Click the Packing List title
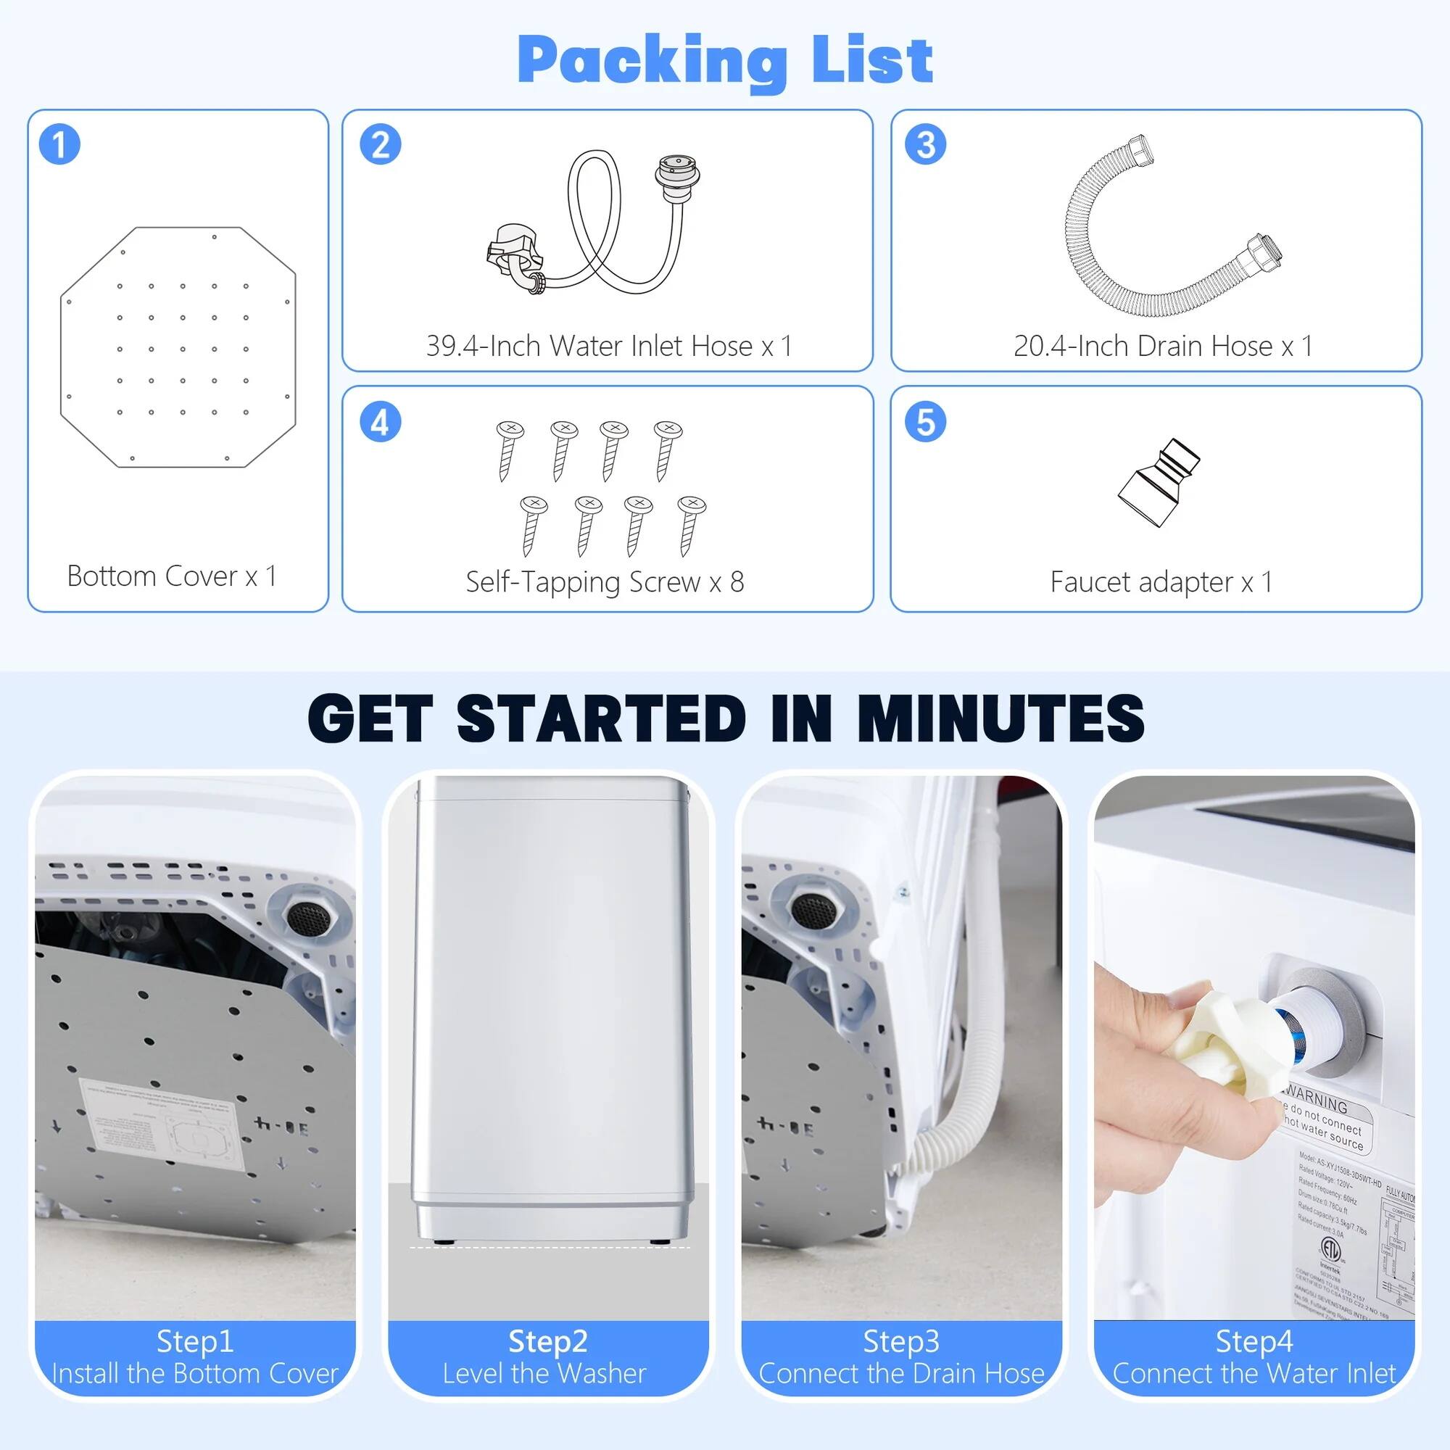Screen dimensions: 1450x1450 tap(725, 60)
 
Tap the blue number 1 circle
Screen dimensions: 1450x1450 tap(59, 144)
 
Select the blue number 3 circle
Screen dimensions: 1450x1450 tap(925, 144)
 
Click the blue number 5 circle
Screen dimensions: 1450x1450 tap(925, 421)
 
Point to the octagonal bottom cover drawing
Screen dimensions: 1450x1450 tap(178, 347)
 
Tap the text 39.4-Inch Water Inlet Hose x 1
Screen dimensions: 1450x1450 tap(609, 346)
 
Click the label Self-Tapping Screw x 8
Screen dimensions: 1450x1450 tap(605, 581)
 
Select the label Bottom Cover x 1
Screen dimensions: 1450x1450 tap(172, 576)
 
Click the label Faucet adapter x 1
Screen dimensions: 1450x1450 tap(1161, 581)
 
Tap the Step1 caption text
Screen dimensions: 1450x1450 tap(195, 1341)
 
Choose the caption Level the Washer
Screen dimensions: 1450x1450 tap(544, 1373)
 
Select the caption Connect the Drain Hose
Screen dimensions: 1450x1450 tap(901, 1373)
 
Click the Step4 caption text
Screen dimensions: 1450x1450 tap(1254, 1341)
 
